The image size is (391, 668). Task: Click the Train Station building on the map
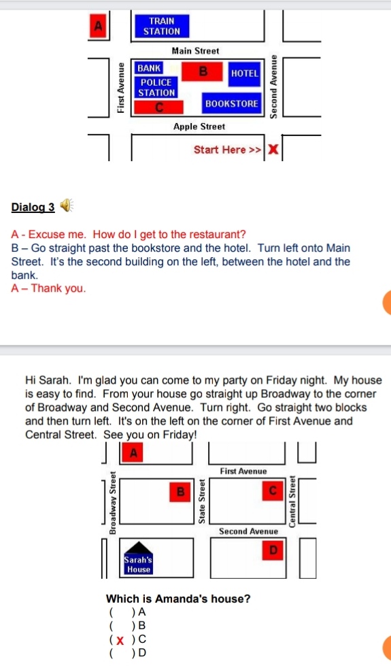pyautogui.click(x=161, y=26)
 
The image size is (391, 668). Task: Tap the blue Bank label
pyautogui.click(x=149, y=68)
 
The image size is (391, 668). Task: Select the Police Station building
pyautogui.click(x=156, y=88)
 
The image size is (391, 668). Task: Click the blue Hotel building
pyautogui.click(x=245, y=73)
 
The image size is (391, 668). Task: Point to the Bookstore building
pyautogui.click(x=231, y=103)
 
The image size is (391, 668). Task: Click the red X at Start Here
pyautogui.click(x=273, y=150)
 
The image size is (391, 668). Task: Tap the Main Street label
pyautogui.click(x=196, y=51)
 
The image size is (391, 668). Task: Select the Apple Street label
pyautogui.click(x=199, y=127)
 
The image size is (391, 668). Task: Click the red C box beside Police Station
pyautogui.click(x=159, y=107)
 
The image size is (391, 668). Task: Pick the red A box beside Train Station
pyautogui.click(x=98, y=26)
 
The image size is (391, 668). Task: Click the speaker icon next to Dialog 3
pyautogui.click(x=66, y=205)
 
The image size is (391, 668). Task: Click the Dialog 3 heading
pyautogui.click(x=33, y=207)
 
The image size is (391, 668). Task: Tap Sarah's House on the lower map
pyautogui.click(x=138, y=558)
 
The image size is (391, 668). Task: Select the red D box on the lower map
pyautogui.click(x=273, y=550)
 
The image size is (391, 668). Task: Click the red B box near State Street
pyautogui.click(x=180, y=492)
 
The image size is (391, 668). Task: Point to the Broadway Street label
pyautogui.click(x=113, y=503)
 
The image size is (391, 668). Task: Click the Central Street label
pyautogui.click(x=292, y=501)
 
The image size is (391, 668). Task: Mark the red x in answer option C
pyautogui.click(x=120, y=640)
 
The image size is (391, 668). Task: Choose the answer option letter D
pyautogui.click(x=142, y=652)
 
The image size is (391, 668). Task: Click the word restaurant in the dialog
pyautogui.click(x=217, y=234)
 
